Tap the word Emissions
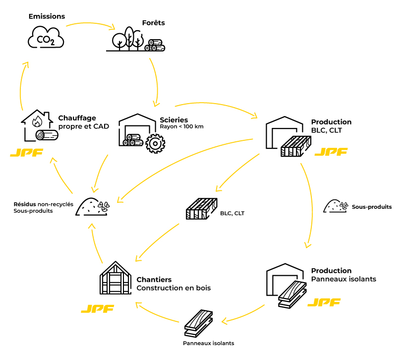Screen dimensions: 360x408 tap(47, 16)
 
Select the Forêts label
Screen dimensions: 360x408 tap(153, 23)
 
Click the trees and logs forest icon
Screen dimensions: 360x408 tap(135, 39)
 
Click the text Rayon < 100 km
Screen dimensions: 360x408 tap(181, 127)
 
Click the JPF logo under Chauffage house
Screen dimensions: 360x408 tap(26, 152)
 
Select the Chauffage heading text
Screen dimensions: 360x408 tap(77, 118)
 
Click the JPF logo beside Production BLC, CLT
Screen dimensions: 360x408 tap(331, 152)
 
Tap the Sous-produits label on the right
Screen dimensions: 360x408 tap(371, 207)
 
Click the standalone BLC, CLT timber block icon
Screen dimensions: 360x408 tap(201, 209)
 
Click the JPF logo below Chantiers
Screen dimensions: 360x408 tap(97, 308)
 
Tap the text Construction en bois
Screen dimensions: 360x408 tap(174, 288)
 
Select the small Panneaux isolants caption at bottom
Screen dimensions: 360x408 tap(208, 343)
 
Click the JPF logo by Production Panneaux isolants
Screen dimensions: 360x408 tap(324, 302)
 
